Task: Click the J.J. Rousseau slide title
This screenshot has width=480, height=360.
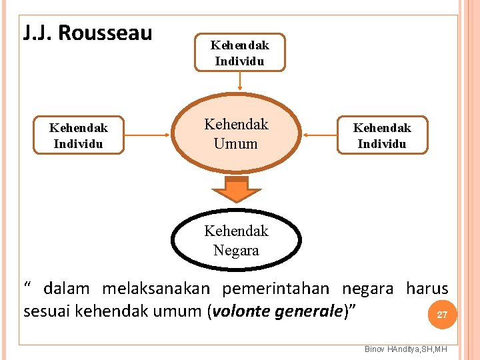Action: (87, 33)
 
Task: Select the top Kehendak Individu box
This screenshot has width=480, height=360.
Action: (239, 53)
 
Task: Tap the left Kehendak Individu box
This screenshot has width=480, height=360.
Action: (79, 135)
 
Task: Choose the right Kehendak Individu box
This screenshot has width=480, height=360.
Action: (382, 135)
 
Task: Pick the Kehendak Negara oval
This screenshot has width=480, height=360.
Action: (236, 240)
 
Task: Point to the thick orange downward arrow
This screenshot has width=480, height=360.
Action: (236, 189)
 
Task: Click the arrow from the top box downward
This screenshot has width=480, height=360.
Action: (239, 81)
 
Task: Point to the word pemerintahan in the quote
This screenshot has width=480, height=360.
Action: (275, 289)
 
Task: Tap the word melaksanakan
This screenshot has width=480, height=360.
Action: (155, 289)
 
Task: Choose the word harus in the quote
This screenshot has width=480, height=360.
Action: (427, 289)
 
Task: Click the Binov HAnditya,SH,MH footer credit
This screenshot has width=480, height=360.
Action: (406, 350)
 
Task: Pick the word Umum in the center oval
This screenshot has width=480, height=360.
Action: (235, 143)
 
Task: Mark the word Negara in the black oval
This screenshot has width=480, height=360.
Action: (236, 251)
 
